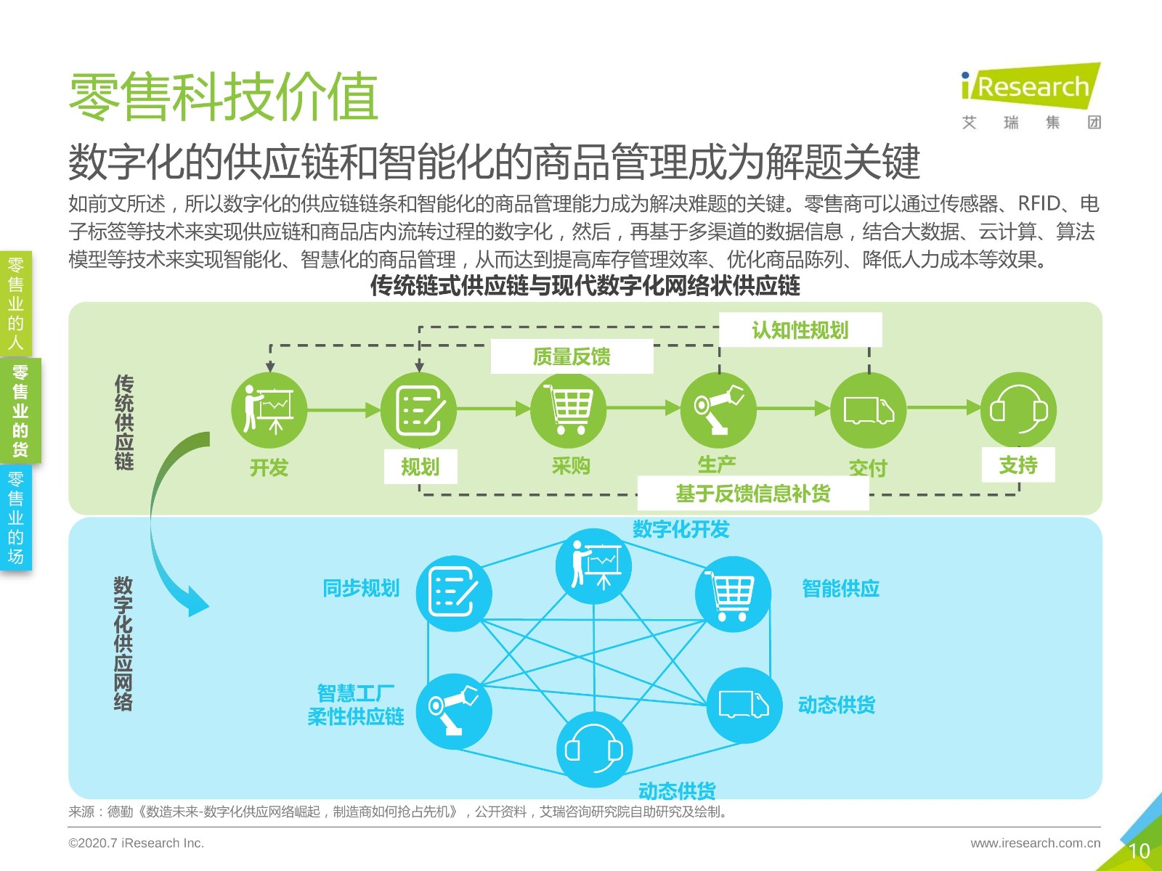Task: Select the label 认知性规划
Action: point(800,330)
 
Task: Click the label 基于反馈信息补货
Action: point(753,494)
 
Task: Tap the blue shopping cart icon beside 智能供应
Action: point(734,594)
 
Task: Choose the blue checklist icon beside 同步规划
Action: point(454,593)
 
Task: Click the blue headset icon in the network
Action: point(594,749)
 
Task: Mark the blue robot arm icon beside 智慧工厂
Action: point(454,711)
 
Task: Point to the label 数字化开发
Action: point(680,529)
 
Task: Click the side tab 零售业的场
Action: point(16,518)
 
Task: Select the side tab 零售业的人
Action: point(16,303)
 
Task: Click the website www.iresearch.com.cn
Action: point(1036,843)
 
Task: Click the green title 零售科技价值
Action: point(224,97)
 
